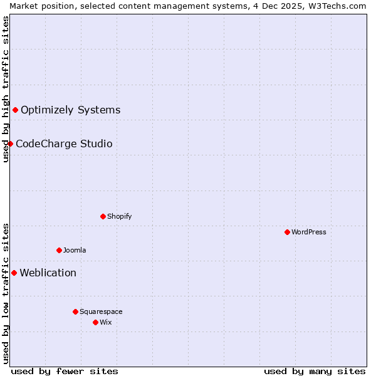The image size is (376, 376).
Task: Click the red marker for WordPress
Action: (287, 232)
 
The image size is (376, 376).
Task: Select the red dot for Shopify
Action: (103, 216)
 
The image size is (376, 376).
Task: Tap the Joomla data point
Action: (59, 250)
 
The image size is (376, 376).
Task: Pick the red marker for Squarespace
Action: (75, 311)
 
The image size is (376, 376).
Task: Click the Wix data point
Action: (95, 322)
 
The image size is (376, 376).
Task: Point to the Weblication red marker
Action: (14, 273)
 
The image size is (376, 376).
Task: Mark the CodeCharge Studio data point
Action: (10, 144)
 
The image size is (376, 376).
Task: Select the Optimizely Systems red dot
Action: (15, 110)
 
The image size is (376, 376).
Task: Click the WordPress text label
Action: (309, 232)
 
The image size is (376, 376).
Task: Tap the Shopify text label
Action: (119, 216)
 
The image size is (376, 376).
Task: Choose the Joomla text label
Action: (75, 250)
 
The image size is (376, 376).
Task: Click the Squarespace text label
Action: (101, 311)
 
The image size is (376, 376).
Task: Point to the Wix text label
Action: (106, 322)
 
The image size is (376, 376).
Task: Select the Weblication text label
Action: (48, 273)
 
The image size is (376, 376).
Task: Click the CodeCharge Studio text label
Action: (64, 144)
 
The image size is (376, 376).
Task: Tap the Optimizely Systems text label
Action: (70, 110)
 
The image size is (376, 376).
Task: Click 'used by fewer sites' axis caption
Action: (65, 371)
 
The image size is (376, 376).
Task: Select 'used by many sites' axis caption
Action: (315, 371)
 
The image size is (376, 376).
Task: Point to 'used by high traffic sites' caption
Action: (6, 89)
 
